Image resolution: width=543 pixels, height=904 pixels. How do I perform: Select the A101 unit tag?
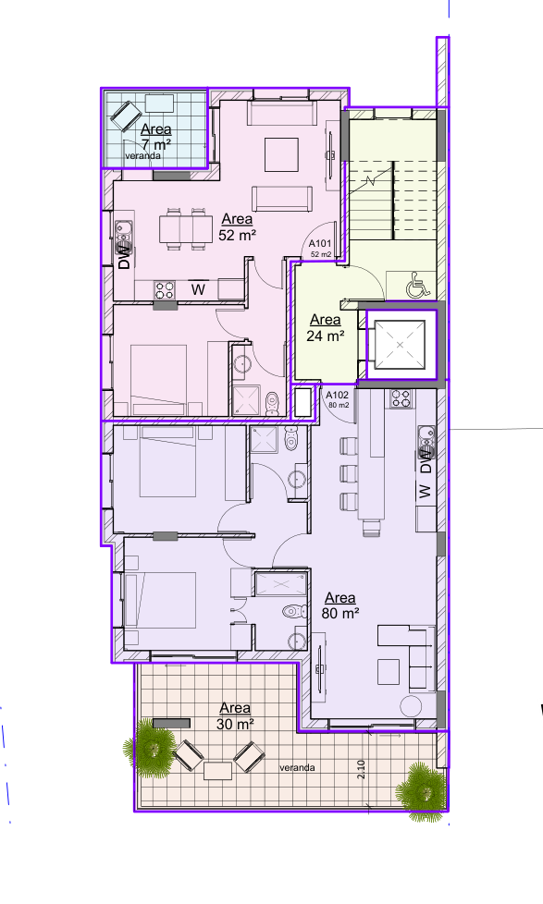pos(320,244)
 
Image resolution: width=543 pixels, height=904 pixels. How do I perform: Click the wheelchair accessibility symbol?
pos(417,287)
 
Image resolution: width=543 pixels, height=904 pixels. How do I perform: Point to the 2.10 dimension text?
pos(362,768)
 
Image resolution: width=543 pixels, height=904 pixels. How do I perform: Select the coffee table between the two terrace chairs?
pos(218,770)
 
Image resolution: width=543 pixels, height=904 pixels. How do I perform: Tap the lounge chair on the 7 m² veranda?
pos(123,116)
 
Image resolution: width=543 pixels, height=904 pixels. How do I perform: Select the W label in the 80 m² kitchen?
pos(425,492)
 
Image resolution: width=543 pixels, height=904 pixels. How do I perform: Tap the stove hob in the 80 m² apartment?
pos(401,399)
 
